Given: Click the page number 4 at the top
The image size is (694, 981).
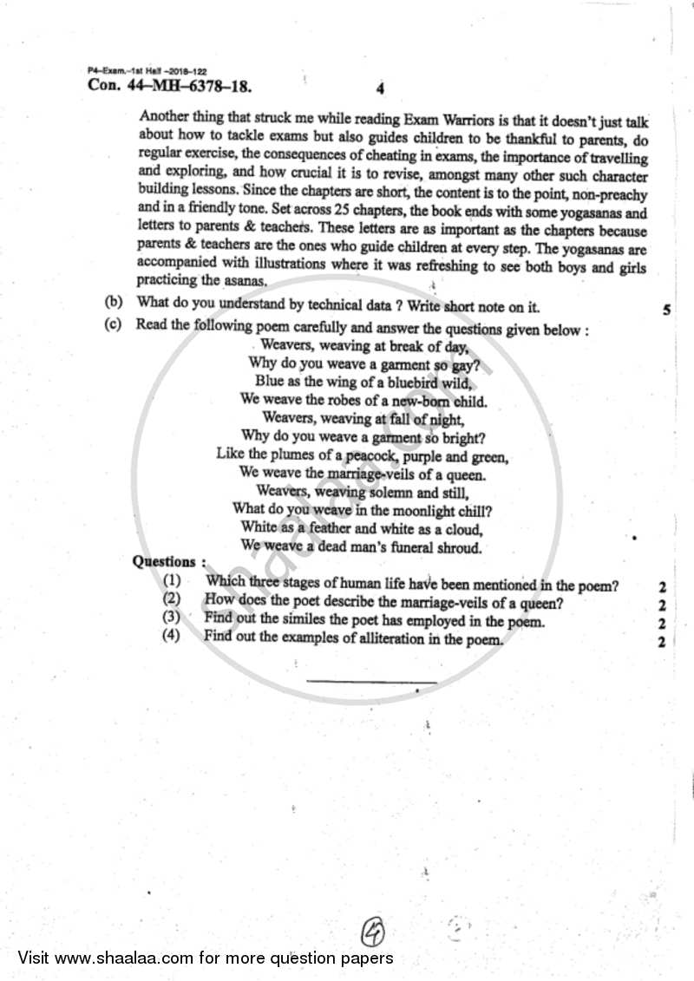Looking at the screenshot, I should [381, 88].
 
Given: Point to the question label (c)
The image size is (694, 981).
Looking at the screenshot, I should [113, 329].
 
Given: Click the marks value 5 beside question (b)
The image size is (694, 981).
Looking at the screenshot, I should [665, 309].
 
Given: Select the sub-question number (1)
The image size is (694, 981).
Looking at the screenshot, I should [172, 584].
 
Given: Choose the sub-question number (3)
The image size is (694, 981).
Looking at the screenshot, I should [172, 618].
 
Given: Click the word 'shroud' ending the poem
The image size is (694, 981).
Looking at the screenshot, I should [457, 547].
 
